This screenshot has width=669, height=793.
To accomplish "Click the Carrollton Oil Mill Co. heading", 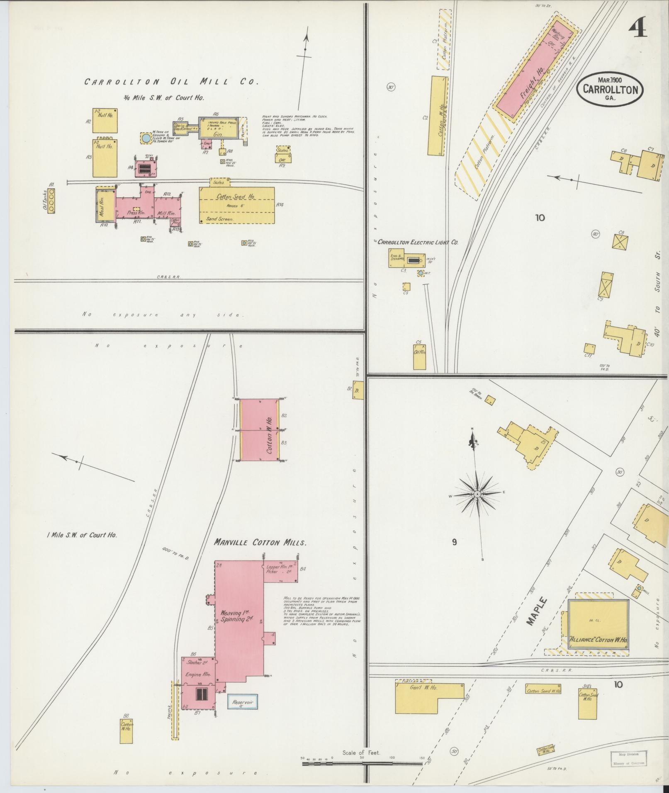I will [x=171, y=82].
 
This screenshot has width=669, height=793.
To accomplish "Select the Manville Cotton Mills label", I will [x=260, y=543].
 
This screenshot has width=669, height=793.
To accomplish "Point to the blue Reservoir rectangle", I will [x=242, y=701].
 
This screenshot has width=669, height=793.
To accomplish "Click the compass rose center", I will [x=477, y=495].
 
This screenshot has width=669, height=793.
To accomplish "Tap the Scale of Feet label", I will [x=361, y=752].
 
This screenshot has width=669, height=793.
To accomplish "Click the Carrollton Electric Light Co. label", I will [x=417, y=242].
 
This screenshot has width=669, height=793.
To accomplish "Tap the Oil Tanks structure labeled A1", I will [x=51, y=201].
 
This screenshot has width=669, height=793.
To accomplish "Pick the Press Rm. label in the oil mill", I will [x=132, y=213].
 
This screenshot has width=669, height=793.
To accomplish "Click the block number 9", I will [x=454, y=542].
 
